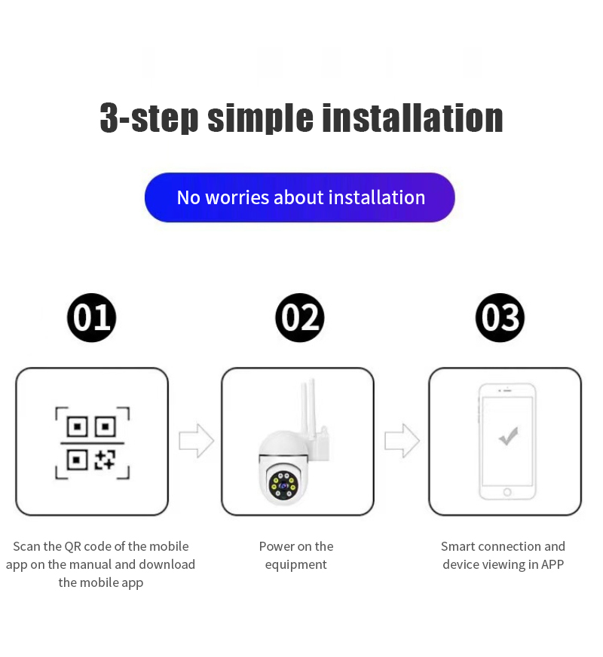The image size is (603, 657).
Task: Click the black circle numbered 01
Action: pyautogui.click(x=91, y=318)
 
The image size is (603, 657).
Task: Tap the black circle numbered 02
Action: pyautogui.click(x=299, y=318)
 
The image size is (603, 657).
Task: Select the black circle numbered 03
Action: pyautogui.click(x=500, y=318)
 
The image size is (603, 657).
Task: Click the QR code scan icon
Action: pyautogui.click(x=93, y=443)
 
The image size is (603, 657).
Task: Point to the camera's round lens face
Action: pyautogui.click(x=283, y=486)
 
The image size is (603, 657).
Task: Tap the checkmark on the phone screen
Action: pyautogui.click(x=509, y=436)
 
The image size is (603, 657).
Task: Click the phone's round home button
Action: pyautogui.click(x=507, y=492)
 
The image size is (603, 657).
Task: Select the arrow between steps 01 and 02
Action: pyautogui.click(x=197, y=440)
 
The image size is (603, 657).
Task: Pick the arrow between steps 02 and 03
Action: pyautogui.click(x=403, y=440)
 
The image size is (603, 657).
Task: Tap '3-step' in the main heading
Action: pyautogui.click(x=148, y=118)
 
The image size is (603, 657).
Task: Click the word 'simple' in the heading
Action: pyautogui.click(x=260, y=118)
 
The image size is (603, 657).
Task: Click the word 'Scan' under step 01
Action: pyautogui.click(x=27, y=546)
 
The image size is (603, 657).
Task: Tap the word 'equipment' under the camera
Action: pyautogui.click(x=295, y=565)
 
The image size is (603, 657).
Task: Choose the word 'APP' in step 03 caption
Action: pyautogui.click(x=552, y=564)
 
